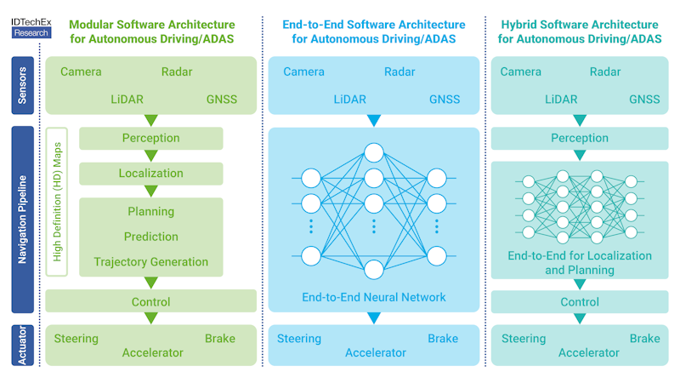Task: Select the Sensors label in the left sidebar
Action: pyautogui.click(x=23, y=86)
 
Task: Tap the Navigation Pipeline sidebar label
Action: pyautogui.click(x=23, y=220)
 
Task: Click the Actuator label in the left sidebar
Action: pyautogui.click(x=23, y=345)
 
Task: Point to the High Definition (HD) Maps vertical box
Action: pyautogui.click(x=59, y=202)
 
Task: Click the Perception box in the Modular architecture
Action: pyautogui.click(x=150, y=138)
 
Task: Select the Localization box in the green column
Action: pyautogui.click(x=150, y=174)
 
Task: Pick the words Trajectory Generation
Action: pyautogui.click(x=150, y=262)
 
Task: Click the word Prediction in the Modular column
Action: pyautogui.click(x=150, y=237)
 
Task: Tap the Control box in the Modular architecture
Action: pyautogui.click(x=150, y=301)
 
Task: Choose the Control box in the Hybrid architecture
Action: pyautogui.click(x=580, y=301)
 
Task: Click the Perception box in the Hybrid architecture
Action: pyautogui.click(x=580, y=138)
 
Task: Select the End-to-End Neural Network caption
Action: pyautogui.click(x=374, y=298)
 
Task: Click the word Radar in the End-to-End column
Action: pyautogui.click(x=399, y=72)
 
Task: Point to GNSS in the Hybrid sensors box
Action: pyautogui.click(x=644, y=100)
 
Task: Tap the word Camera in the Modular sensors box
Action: pyautogui.click(x=81, y=72)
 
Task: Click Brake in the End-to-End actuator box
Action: pyautogui.click(x=443, y=339)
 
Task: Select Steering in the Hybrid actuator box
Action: pyautogui.click(x=523, y=339)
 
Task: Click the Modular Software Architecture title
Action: pyautogui.click(x=151, y=31)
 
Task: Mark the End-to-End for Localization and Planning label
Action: pyautogui.click(x=580, y=262)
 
